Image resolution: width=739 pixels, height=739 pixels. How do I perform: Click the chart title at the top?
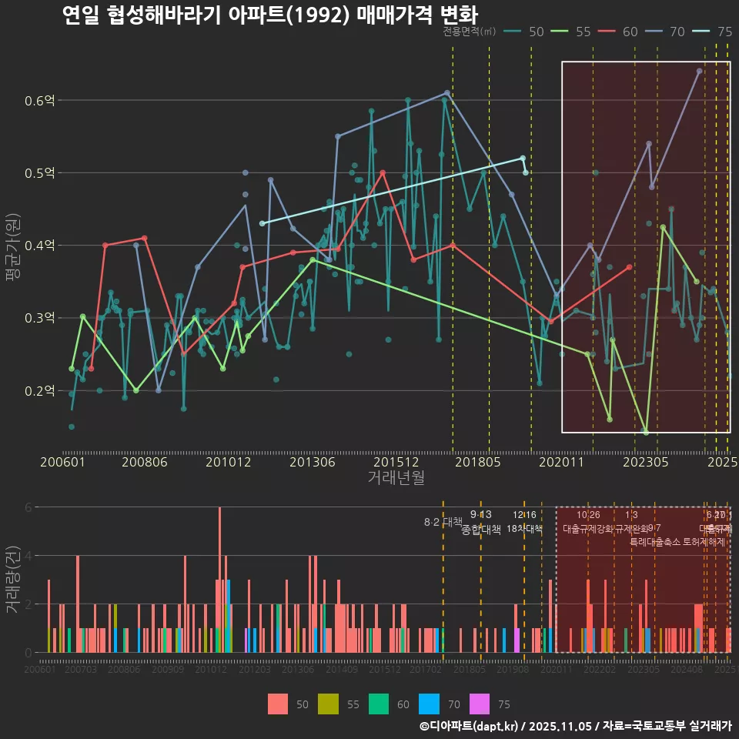(x=269, y=15)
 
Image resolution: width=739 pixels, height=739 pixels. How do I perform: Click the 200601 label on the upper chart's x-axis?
(x=62, y=462)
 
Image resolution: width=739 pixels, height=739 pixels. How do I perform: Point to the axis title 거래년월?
(x=396, y=477)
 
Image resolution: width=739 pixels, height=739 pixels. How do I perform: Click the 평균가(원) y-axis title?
(x=12, y=246)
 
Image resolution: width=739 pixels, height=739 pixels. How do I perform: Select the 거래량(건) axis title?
(x=12, y=579)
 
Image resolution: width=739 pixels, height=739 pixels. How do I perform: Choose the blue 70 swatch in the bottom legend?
(x=428, y=704)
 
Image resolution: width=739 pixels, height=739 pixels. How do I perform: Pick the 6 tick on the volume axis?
(x=28, y=507)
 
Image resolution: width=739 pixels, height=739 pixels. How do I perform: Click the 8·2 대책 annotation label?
(x=443, y=522)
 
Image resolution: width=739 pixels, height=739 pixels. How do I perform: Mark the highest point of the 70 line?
(x=699, y=71)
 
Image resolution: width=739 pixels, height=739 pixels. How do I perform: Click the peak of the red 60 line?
(x=383, y=172)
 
